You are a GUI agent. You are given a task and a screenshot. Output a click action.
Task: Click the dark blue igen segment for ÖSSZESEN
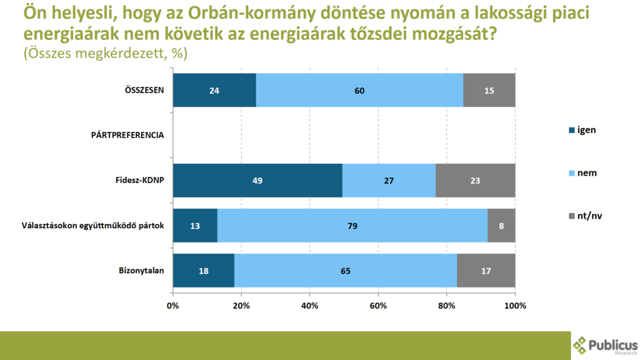pos(214,90)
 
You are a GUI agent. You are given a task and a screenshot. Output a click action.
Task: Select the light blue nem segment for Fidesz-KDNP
pos(389,181)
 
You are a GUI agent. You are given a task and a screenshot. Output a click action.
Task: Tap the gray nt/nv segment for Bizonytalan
pos(486,271)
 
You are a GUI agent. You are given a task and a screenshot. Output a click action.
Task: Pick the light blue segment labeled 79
pos(352,226)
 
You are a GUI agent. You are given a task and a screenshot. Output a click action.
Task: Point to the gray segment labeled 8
pos(501,226)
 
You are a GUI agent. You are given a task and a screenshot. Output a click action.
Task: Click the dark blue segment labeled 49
pos(257,181)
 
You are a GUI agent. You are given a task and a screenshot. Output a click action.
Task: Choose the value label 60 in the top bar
pos(359,91)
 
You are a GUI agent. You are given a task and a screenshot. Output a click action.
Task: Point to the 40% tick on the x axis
pos(310,306)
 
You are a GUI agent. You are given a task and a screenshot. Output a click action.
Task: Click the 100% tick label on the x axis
pos(514,306)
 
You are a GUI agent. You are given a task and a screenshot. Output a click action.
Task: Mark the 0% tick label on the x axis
pos(173,306)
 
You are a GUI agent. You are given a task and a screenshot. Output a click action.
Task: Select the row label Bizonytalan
pos(141,271)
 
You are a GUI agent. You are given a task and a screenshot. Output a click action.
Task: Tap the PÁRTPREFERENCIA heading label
pos(127,135)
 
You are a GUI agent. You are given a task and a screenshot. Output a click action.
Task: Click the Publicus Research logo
pos(605,345)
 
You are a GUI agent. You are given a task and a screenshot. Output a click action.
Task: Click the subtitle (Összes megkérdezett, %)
pos(105,53)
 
